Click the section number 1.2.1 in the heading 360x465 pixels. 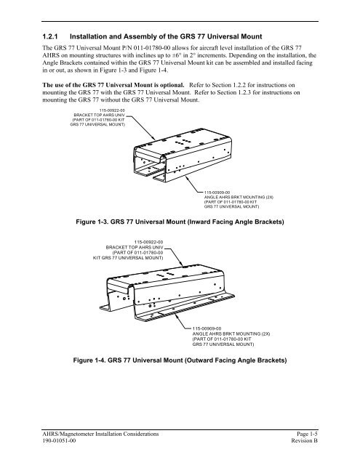pyautogui.click(x=50, y=37)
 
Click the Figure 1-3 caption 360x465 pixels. pyautogui.click(x=180, y=222)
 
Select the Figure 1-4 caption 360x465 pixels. pyautogui.click(x=180, y=360)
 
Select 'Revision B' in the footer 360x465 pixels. pyautogui.click(x=304, y=441)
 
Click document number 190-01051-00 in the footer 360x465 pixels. pyautogui.click(x=59, y=441)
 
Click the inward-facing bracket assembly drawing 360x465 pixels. pyautogui.click(x=183, y=155)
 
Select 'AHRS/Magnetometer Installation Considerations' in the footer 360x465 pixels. pyautogui.click(x=100, y=434)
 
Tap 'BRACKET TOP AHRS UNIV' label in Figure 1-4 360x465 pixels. pyautogui.click(x=135, y=247)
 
